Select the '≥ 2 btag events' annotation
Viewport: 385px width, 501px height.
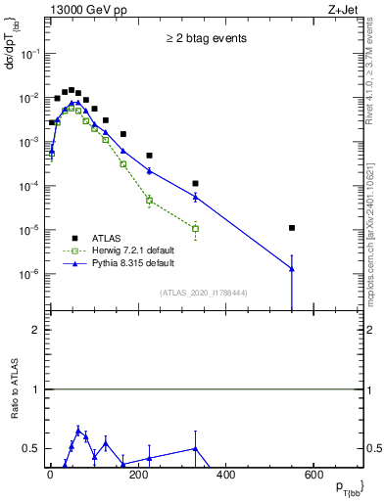(205, 39)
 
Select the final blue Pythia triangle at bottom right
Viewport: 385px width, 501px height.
(293, 269)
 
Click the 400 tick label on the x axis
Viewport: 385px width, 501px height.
(225, 476)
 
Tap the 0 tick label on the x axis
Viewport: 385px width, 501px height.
(50, 476)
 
